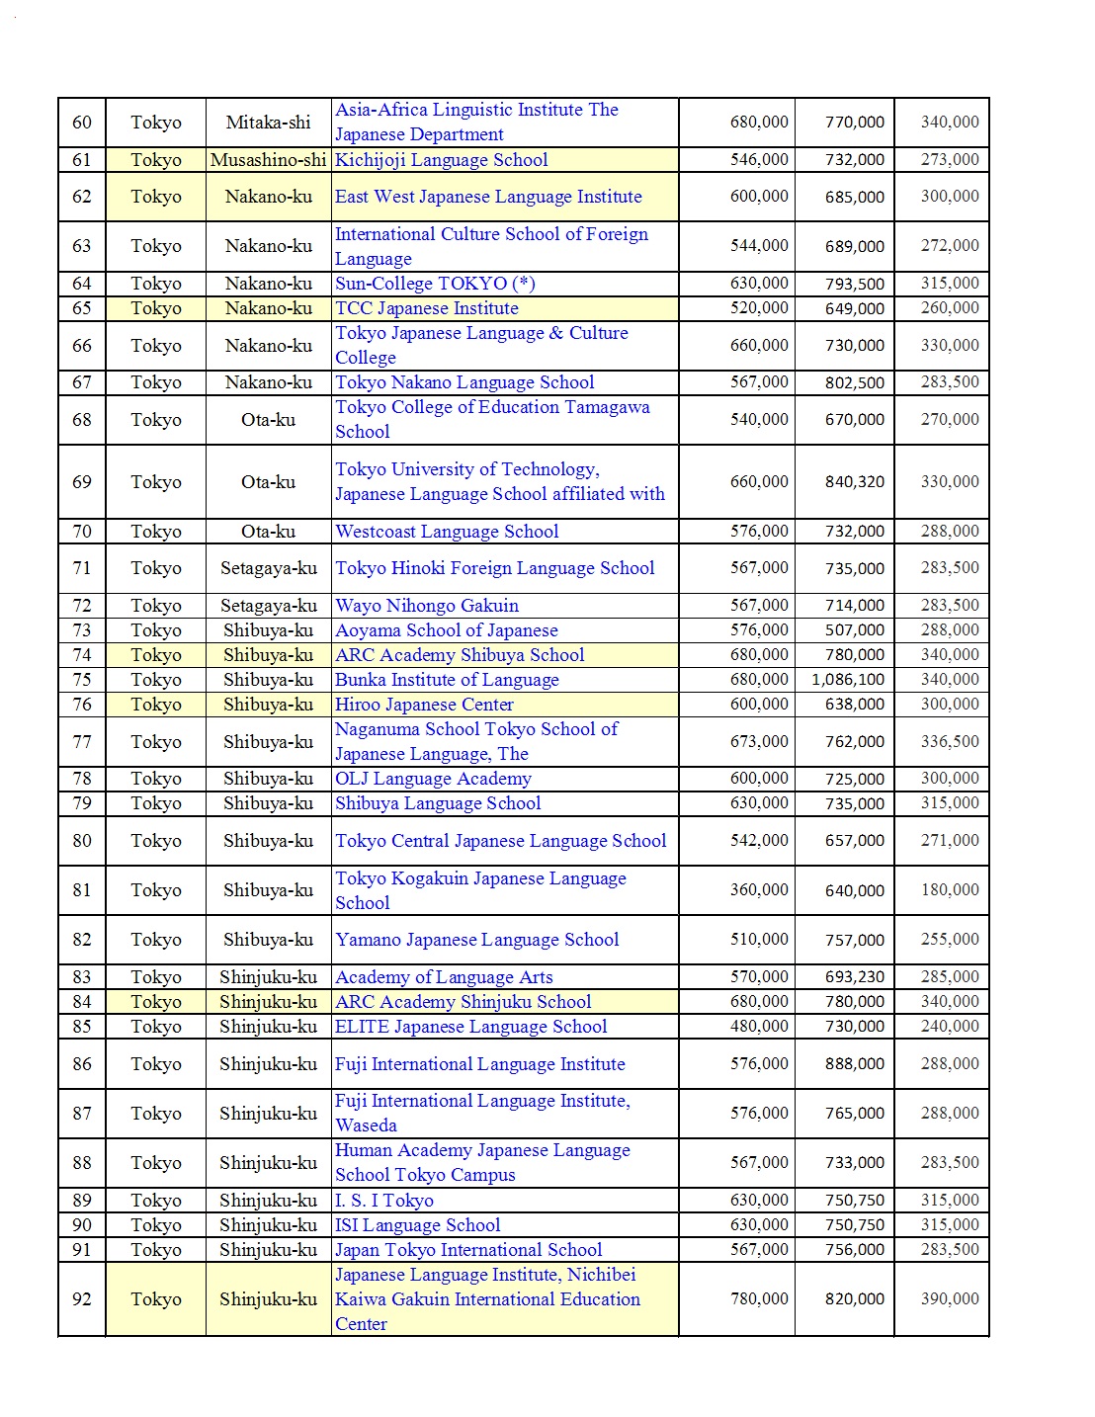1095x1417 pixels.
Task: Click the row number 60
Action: (82, 123)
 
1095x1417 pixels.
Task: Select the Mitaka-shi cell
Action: (268, 123)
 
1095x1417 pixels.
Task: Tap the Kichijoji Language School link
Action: (441, 160)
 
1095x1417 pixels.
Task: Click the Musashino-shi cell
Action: (268, 160)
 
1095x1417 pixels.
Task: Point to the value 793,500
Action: (855, 284)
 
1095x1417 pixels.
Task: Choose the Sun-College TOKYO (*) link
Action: (435, 284)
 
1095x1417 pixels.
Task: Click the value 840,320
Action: (855, 482)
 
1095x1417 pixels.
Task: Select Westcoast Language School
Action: (447, 532)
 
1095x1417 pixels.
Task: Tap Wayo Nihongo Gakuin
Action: (426, 606)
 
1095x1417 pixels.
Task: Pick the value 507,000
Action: (855, 630)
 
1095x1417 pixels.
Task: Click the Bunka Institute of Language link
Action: (447, 680)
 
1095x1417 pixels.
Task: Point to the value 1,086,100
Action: (848, 680)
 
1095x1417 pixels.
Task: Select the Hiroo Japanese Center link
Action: (424, 705)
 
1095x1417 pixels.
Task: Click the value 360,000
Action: (759, 890)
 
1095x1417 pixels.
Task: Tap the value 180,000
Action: (950, 890)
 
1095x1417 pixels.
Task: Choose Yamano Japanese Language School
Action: (476, 940)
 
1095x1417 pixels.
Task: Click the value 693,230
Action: (855, 977)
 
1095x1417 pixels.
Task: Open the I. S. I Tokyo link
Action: (383, 1201)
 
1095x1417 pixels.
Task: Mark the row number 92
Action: (82, 1299)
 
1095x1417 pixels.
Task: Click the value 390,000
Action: (950, 1299)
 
